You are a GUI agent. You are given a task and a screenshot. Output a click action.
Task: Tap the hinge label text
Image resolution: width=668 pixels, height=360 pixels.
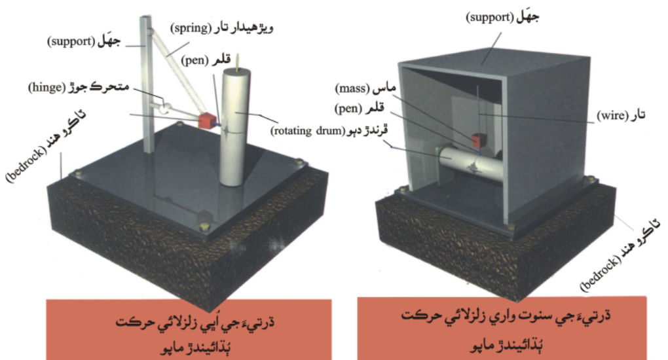click(x=79, y=87)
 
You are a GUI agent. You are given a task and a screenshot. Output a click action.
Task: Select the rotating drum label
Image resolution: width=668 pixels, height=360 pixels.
click(x=329, y=130)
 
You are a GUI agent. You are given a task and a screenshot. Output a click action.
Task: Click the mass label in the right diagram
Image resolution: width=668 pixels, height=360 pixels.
click(x=365, y=88)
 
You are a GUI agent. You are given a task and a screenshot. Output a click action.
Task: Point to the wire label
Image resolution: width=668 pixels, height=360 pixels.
click(x=621, y=115)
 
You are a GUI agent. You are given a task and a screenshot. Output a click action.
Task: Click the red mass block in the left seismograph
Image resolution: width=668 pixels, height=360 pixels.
click(x=208, y=120)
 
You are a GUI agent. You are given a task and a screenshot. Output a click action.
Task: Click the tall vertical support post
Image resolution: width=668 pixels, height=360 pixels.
click(x=147, y=84)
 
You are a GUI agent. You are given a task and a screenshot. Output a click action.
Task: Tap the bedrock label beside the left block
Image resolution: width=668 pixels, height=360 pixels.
click(x=46, y=145)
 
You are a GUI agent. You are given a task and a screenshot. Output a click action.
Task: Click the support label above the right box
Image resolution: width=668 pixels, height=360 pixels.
click(x=502, y=18)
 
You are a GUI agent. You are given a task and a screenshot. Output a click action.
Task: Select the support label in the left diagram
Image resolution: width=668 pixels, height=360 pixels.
click(x=84, y=41)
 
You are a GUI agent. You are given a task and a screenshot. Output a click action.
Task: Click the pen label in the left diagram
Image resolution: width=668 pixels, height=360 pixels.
click(x=206, y=60)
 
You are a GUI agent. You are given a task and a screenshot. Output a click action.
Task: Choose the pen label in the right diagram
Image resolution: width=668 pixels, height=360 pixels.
click(x=359, y=108)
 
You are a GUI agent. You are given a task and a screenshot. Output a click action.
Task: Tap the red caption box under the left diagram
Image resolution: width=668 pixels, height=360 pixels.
click(x=189, y=329)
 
